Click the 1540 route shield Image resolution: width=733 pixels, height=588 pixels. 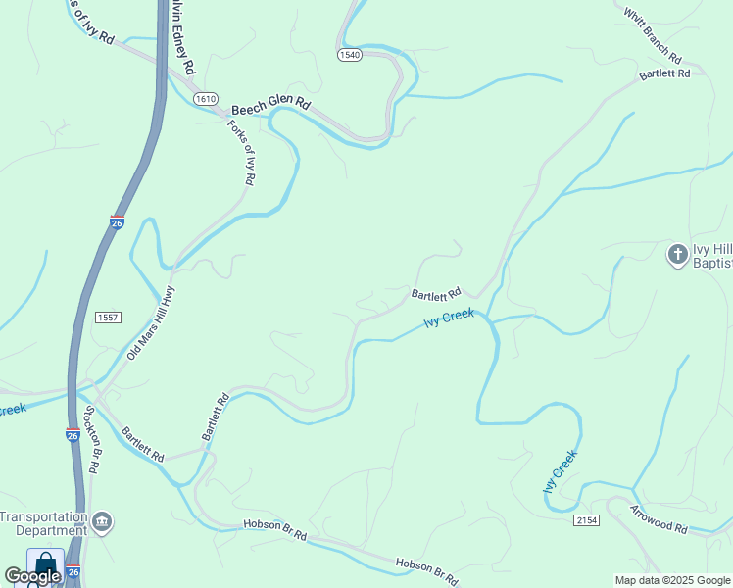[350, 55]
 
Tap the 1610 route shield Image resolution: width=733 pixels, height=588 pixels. [205, 99]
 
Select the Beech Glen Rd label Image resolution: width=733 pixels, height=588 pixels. [271, 103]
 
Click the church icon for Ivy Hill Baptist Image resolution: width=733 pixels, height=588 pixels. [677, 255]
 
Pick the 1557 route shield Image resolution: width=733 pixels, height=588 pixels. [108, 318]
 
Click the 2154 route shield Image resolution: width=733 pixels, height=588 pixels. [587, 519]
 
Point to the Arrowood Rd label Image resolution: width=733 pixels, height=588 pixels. [659, 519]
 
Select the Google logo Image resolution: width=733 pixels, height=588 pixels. [32, 576]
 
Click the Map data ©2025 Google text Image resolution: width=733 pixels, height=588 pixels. [673, 580]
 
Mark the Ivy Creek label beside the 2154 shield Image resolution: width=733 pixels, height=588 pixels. [561, 471]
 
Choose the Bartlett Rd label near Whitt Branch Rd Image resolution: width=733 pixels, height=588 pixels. [665, 73]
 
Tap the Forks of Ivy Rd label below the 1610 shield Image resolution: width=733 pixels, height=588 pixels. [242, 153]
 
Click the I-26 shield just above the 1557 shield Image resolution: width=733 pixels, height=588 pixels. [117, 222]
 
